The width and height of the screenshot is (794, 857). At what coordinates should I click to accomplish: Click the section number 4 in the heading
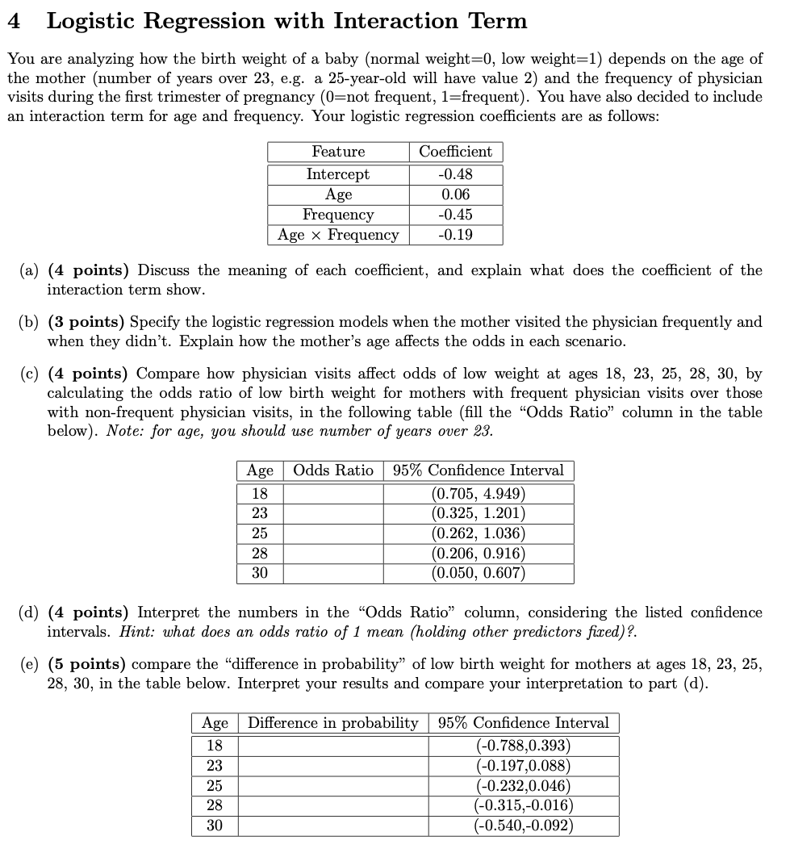pos(14,21)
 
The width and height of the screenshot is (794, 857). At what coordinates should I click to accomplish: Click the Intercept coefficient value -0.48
pos(456,174)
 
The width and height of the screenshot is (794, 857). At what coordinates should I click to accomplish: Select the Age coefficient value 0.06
pos(456,194)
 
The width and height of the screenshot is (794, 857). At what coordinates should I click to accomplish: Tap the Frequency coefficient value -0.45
pos(456,215)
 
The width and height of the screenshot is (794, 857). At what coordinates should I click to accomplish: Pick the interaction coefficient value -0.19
pos(456,235)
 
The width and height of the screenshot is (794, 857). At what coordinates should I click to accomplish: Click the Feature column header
pos(338,152)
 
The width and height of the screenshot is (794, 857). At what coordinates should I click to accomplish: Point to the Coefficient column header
pos(456,152)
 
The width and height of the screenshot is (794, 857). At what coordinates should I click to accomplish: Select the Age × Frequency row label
pos(338,235)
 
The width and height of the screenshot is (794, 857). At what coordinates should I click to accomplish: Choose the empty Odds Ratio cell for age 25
pos(332,533)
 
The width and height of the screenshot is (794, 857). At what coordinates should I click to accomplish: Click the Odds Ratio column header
pos(332,470)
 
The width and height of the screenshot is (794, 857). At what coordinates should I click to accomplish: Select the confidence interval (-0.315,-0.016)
pos(524,805)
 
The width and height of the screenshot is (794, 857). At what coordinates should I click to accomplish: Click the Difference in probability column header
pos(332,723)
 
